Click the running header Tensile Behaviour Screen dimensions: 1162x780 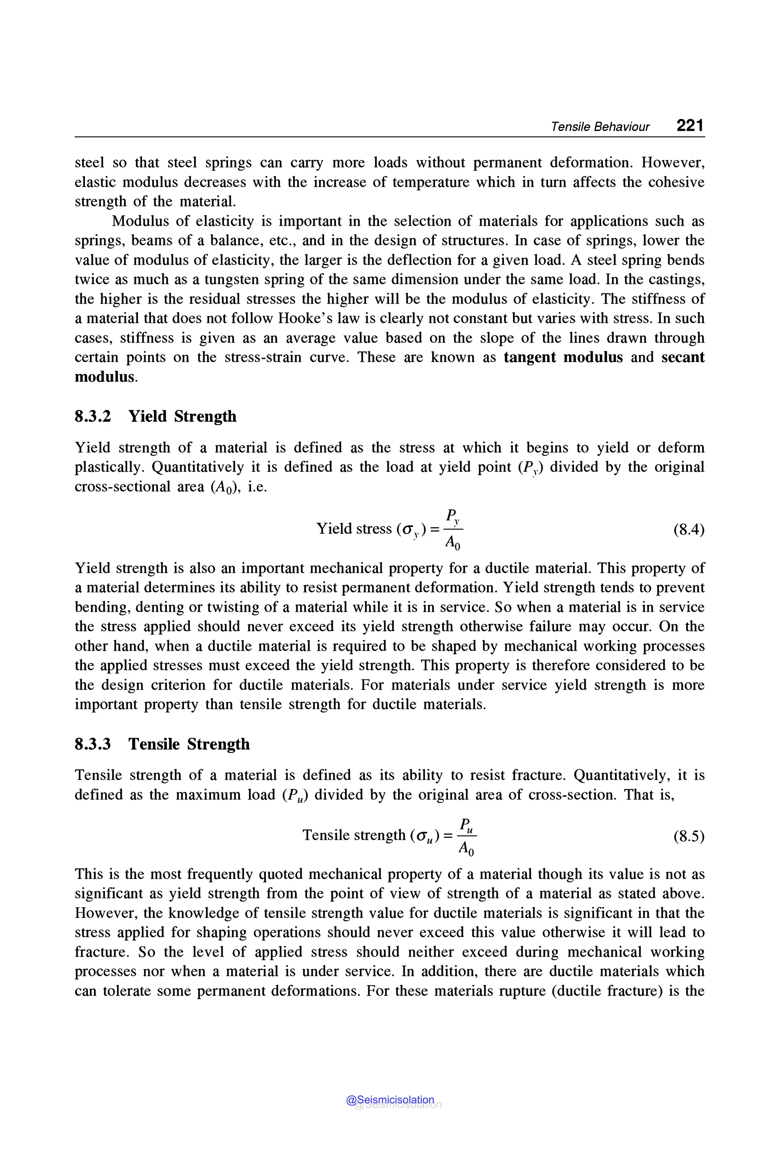(599, 127)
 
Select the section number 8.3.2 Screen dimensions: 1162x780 (93, 416)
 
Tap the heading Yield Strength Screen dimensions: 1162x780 (182, 416)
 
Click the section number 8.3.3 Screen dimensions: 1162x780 (93, 744)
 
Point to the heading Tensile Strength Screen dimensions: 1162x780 (189, 744)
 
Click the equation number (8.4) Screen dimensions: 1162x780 (689, 530)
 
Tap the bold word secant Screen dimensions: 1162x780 (682, 357)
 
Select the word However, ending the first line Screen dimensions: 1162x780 (673, 163)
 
